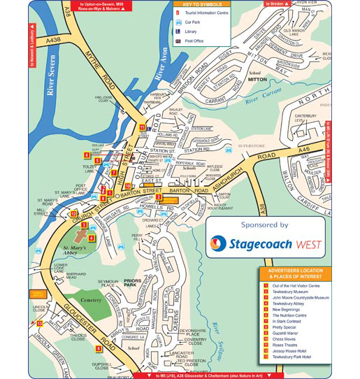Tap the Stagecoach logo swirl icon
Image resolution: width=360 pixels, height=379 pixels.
(x=222, y=244)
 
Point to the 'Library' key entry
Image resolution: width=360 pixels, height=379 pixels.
(x=195, y=32)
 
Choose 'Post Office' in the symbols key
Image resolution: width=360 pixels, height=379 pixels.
(x=198, y=41)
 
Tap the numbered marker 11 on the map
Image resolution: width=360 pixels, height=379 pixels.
(x=142, y=127)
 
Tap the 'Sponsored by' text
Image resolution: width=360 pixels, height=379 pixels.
(x=264, y=226)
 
